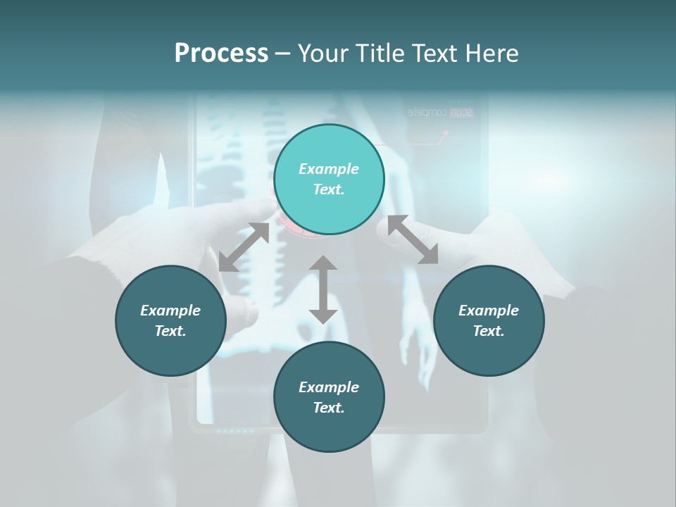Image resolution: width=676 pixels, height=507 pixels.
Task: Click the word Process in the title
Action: pos(221,53)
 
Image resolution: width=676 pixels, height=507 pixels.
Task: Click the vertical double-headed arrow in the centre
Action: pos(323,289)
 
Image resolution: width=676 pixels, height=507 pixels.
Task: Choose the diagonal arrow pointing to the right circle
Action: pos(413,240)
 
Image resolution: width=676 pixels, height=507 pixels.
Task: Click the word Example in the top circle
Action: pos(329,169)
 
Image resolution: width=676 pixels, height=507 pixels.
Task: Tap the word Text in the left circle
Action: pos(170,331)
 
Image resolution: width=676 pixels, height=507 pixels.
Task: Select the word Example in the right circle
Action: pos(489,311)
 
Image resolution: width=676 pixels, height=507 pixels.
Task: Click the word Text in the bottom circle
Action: pos(329,408)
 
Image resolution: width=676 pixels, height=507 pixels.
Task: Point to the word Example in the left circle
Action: pos(170,311)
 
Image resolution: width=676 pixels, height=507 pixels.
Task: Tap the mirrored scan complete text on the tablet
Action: pos(441,112)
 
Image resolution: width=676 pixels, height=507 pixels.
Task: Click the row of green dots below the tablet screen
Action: pos(234,430)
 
